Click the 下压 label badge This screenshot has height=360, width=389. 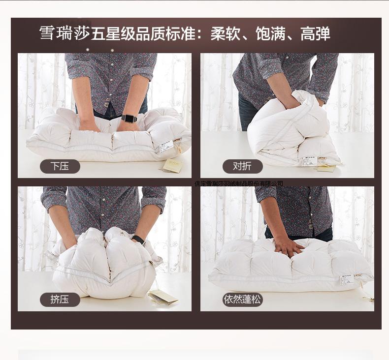pyautogui.click(x=60, y=166)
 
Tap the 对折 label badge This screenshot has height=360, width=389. pyautogui.click(x=242, y=166)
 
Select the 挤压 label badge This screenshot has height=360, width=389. pyautogui.click(x=60, y=300)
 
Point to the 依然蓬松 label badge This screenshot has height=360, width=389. pyautogui.click(x=242, y=300)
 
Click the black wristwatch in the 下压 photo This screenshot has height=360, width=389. pyautogui.click(x=129, y=119)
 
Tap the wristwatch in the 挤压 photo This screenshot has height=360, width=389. pyautogui.click(x=139, y=240)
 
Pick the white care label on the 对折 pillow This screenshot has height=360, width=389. pyautogui.click(x=309, y=161)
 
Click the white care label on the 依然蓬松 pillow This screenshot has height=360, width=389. pyautogui.click(x=347, y=279)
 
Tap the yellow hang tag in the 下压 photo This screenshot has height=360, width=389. pyautogui.click(x=172, y=165)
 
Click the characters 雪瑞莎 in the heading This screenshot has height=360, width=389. pyautogui.click(x=64, y=33)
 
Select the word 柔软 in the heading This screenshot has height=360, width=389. pyautogui.click(x=226, y=33)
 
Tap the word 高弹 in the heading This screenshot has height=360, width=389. pyautogui.click(x=315, y=33)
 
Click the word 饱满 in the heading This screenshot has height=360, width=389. pyautogui.click(x=270, y=33)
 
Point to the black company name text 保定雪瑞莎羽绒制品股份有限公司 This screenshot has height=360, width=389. pyautogui.click(x=239, y=184)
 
